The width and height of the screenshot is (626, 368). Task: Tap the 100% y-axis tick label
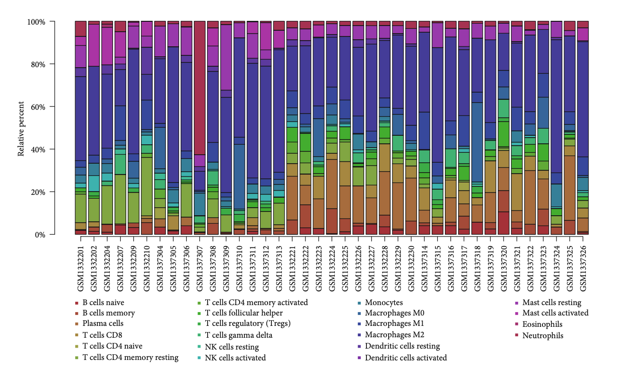coord(35,22)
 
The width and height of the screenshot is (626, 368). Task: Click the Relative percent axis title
coord(21,128)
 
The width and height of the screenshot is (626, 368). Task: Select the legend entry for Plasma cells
coord(103,324)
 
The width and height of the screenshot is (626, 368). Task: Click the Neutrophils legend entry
coord(543,336)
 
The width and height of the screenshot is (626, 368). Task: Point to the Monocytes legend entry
coord(384,303)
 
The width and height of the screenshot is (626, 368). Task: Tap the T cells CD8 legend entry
coord(101,335)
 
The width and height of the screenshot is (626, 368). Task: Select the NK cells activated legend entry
coord(235,358)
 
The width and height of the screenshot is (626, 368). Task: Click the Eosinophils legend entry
coord(542,324)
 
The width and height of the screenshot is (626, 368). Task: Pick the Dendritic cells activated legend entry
coord(406,358)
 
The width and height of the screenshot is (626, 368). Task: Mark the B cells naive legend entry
coord(103,303)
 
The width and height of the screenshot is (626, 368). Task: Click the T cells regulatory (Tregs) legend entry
coord(247,324)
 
